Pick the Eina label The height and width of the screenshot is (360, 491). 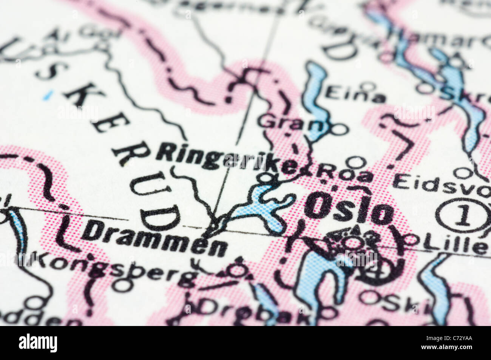click(355, 94)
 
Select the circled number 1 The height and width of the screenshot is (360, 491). click(463, 216)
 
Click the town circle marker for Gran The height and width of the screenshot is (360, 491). click(340, 130)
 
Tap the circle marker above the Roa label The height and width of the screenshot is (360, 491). click(355, 162)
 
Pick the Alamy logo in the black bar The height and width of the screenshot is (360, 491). click(38, 343)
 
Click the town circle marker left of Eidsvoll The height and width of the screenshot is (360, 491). click(461, 173)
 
